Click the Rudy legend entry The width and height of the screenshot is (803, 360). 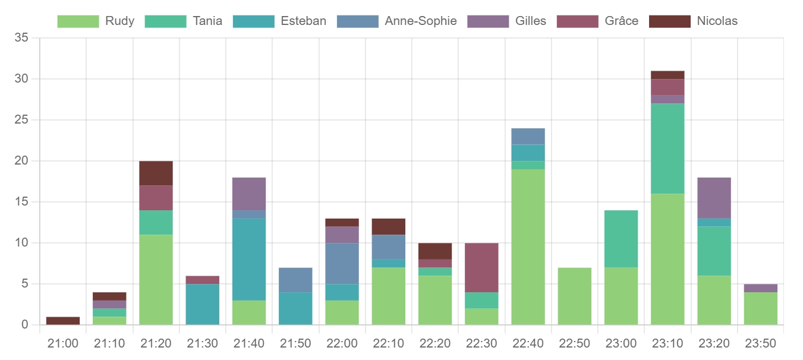pyautogui.click(x=95, y=21)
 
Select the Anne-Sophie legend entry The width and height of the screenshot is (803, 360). pyautogui.click(x=396, y=21)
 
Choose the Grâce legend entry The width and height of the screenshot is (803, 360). pyautogui.click(x=597, y=21)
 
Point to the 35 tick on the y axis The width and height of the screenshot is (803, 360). pyautogui.click(x=21, y=38)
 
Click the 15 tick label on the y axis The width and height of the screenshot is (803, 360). pyautogui.click(x=21, y=202)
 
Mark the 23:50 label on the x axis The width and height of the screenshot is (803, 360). pyautogui.click(x=760, y=343)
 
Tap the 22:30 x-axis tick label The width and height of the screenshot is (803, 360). pyautogui.click(x=481, y=343)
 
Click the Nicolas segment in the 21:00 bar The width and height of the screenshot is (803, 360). pyautogui.click(x=63, y=321)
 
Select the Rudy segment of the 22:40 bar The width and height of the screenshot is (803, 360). pyautogui.click(x=528, y=247)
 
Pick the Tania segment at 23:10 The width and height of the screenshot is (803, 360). pyautogui.click(x=667, y=149)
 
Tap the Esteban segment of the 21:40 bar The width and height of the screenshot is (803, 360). pyautogui.click(x=249, y=259)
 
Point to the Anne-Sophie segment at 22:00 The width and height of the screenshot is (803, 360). pyautogui.click(x=342, y=263)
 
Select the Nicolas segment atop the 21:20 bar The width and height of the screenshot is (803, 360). pyautogui.click(x=156, y=173)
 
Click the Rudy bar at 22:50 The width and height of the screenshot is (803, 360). pyautogui.click(x=574, y=296)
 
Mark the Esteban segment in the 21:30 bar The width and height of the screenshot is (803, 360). pyautogui.click(x=203, y=304)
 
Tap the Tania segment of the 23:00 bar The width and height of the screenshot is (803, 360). pyautogui.click(x=621, y=239)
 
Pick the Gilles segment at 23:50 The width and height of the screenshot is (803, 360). pyautogui.click(x=760, y=288)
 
